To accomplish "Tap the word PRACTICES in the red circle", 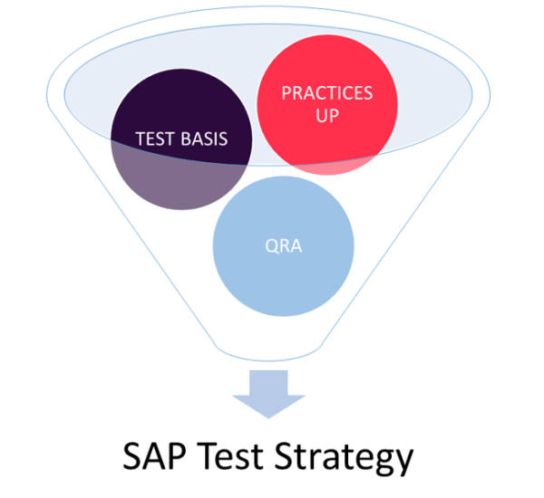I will click(x=327, y=93).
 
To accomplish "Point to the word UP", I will click(x=327, y=117).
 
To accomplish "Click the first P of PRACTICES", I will click(x=286, y=93).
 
